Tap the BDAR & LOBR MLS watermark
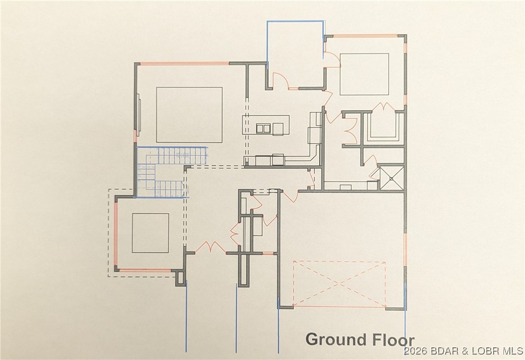(463, 352)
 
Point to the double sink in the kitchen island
(264, 129)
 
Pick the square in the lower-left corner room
(150, 233)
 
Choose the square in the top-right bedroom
(364, 74)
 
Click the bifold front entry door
(210, 247)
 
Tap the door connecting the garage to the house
(290, 196)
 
